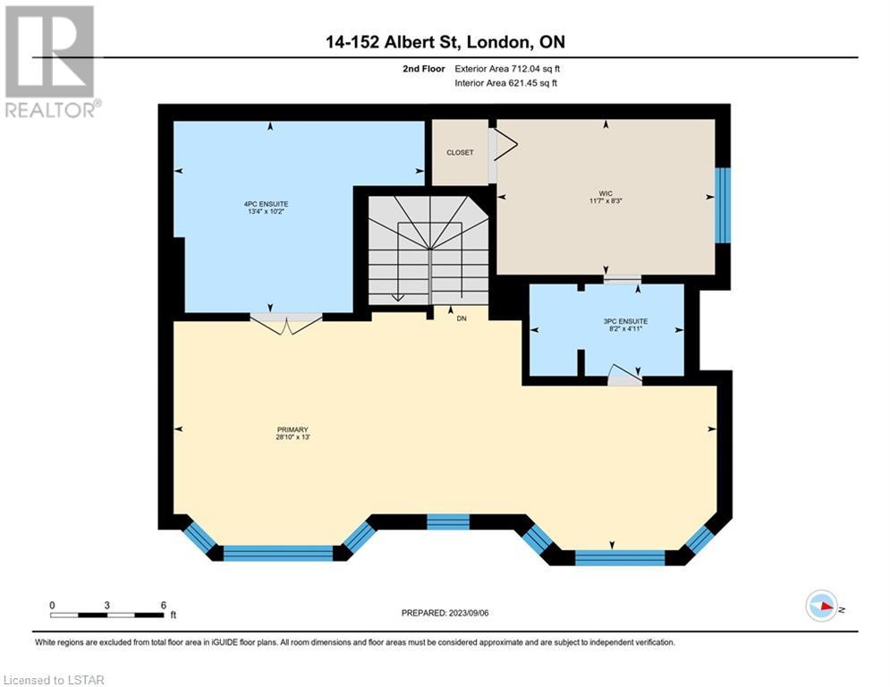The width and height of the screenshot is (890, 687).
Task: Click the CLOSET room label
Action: point(460,153)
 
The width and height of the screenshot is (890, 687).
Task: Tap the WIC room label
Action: point(606,193)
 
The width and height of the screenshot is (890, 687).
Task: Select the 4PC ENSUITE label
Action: point(267,204)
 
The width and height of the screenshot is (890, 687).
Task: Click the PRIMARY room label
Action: point(292,429)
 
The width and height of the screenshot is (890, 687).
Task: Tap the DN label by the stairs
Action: point(462,318)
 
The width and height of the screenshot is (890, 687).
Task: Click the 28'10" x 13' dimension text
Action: point(292,437)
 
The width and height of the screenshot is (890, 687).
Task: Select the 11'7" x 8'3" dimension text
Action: point(606,201)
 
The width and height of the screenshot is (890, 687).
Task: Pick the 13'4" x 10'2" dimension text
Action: point(267,211)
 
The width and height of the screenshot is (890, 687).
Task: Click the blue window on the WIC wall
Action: point(723,206)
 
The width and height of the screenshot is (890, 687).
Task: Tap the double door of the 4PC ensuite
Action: point(286,323)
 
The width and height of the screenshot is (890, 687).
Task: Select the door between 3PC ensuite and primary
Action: point(624,376)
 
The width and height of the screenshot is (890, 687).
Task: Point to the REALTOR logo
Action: point(51,62)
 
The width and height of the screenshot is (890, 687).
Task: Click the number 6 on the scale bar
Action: point(164,606)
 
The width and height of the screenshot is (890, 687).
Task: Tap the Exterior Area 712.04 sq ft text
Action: point(507,69)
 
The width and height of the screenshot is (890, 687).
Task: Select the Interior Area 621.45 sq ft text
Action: point(505,83)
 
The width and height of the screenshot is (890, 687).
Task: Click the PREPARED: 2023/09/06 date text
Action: point(445,613)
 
